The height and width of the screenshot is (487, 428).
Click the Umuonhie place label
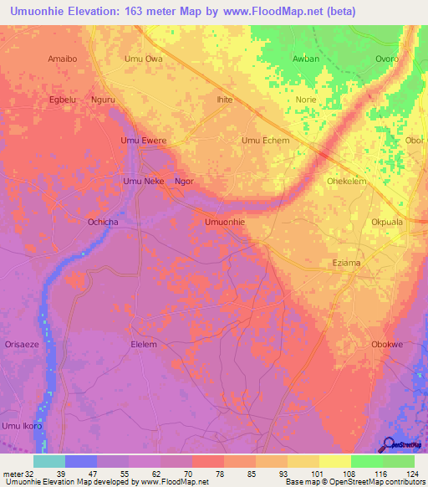[x=225, y=222]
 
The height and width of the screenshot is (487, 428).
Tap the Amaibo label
[x=63, y=59]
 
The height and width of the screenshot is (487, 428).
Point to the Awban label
[x=306, y=59]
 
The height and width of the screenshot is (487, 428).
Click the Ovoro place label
[x=386, y=59]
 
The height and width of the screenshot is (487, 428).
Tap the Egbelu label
[x=63, y=99]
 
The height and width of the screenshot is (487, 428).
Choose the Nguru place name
[x=107, y=99]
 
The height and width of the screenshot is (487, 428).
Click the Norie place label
[x=306, y=99]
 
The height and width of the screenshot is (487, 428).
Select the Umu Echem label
[x=265, y=141]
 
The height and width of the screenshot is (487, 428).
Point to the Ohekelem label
[x=347, y=181]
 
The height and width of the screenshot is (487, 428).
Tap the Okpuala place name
[x=387, y=223]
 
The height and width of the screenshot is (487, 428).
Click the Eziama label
[x=346, y=263]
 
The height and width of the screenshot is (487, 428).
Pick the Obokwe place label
[x=387, y=344]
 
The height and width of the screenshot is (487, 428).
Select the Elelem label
[x=144, y=344]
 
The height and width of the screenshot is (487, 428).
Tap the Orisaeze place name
[x=22, y=344]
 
